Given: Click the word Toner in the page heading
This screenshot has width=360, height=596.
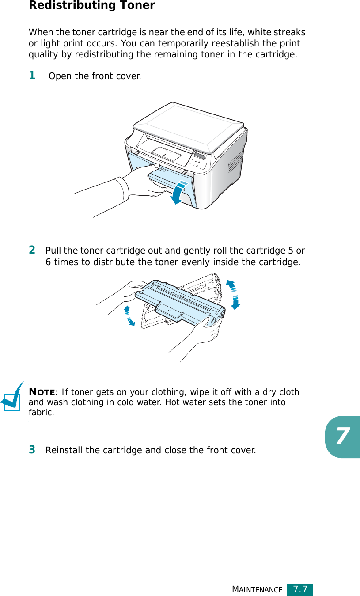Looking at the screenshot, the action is point(137,5).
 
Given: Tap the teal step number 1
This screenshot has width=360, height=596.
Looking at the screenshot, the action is point(32,75).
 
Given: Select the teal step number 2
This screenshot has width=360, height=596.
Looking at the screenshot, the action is point(32,250).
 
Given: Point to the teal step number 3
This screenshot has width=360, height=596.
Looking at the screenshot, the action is point(32,449).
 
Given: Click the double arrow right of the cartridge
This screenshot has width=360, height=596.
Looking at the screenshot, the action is point(233,295).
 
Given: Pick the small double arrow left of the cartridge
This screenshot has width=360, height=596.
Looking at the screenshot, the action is point(129,316).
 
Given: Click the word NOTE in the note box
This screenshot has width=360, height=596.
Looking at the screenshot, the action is point(42,392).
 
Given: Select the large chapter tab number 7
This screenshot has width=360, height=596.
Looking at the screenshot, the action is point(342,437).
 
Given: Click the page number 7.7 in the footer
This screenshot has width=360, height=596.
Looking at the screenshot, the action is point(300,589).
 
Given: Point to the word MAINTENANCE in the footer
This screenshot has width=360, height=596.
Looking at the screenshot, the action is point(257,589).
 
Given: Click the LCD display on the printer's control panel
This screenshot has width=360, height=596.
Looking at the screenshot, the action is point(200,156).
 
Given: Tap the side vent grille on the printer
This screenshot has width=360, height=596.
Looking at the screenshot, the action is point(235,162).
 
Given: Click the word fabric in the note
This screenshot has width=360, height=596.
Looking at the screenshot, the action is point(41,412).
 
